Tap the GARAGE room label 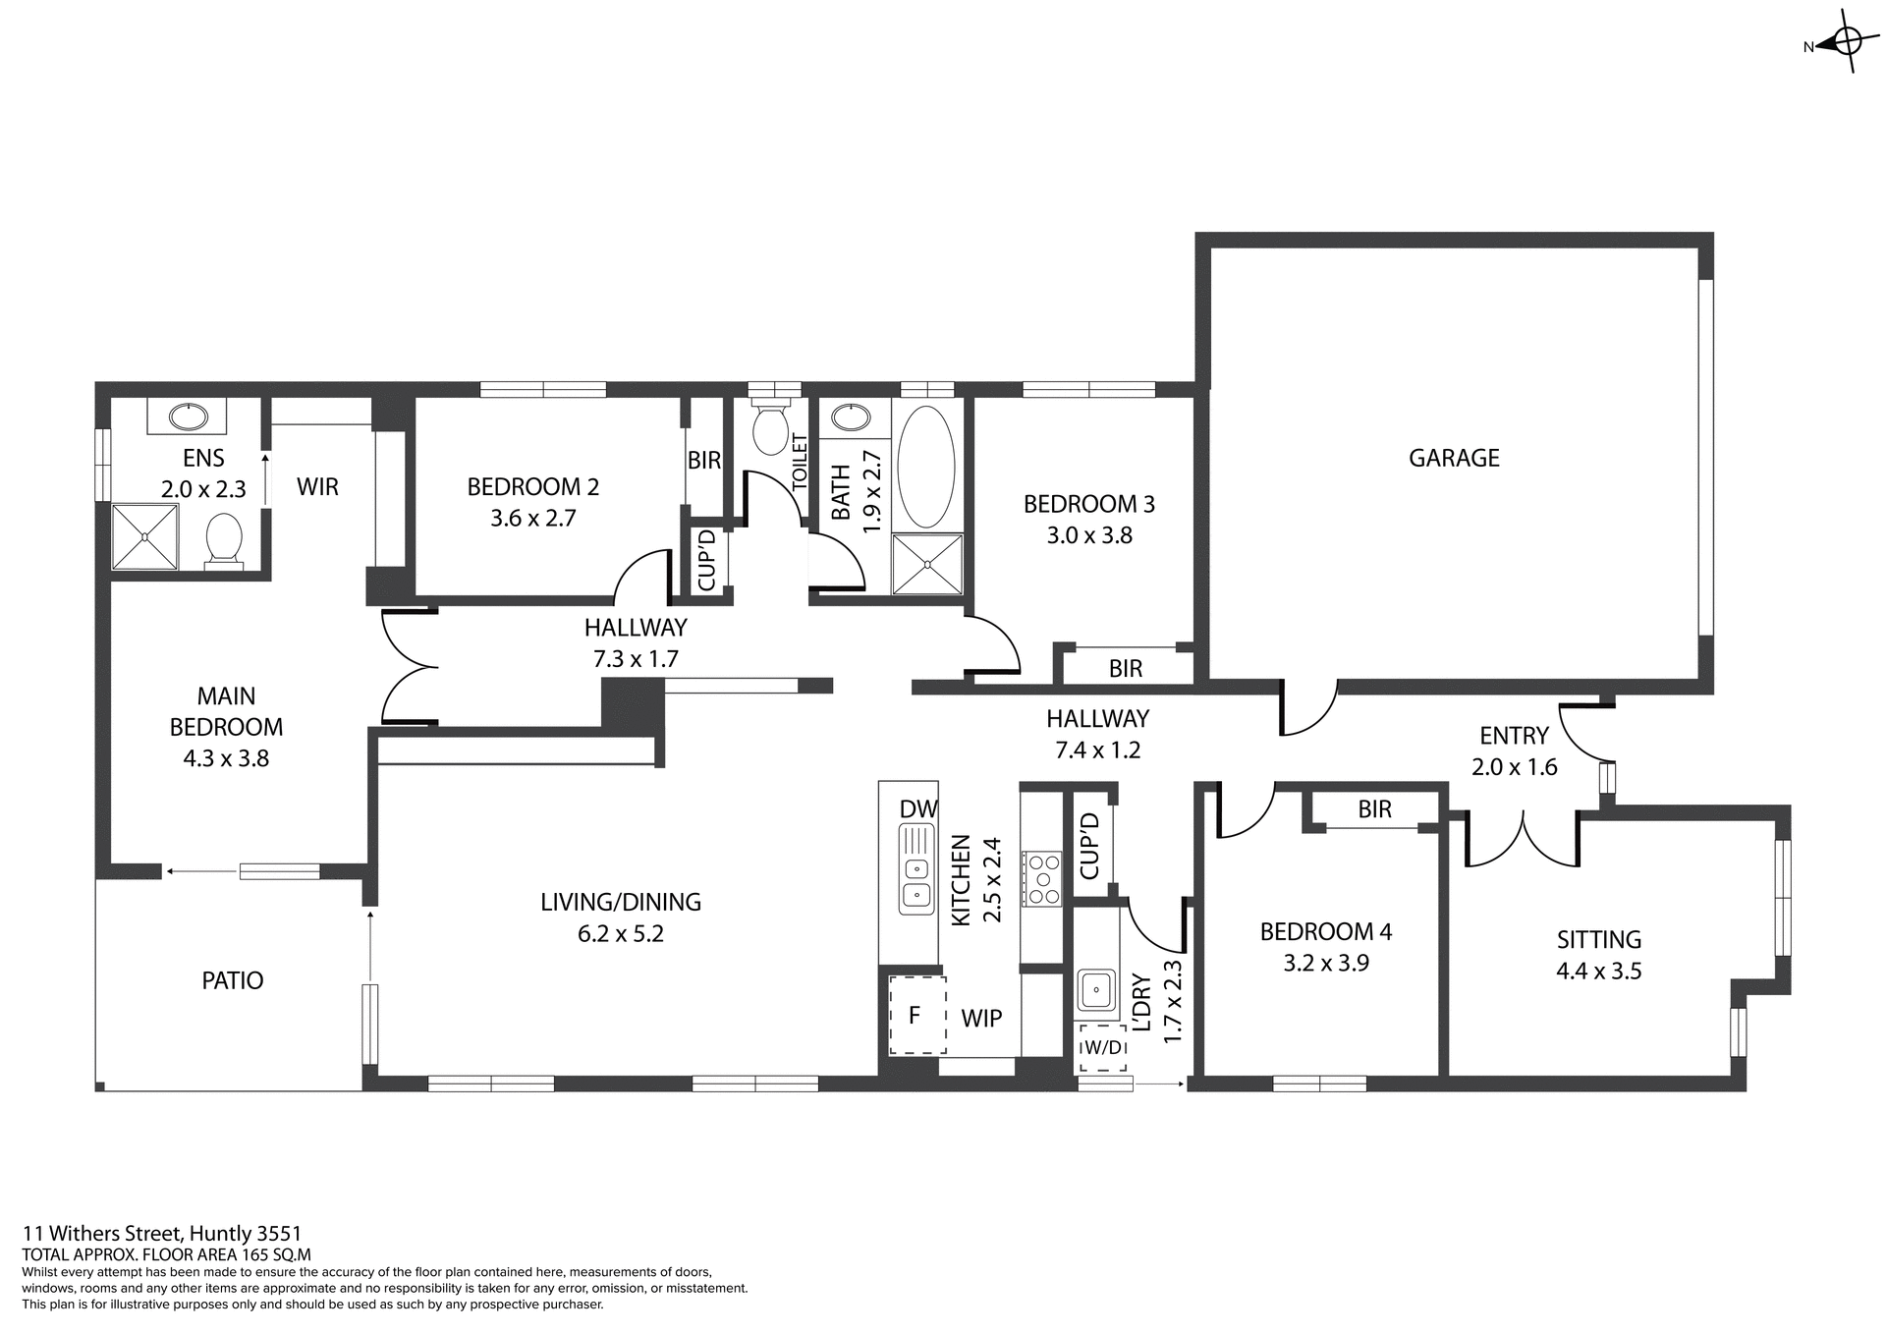coord(1453,458)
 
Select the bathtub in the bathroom coord(925,467)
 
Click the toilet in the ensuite coord(225,539)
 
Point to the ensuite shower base coord(145,536)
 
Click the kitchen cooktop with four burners coord(1041,877)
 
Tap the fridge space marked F coord(916,1015)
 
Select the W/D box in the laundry coord(1102,1048)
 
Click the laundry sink coord(1095,989)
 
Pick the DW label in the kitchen coord(918,808)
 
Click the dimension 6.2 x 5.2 coord(620,933)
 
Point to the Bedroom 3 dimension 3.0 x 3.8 coord(1088,535)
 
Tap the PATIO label coord(232,980)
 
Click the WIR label coord(317,486)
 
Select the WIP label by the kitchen coord(980,1019)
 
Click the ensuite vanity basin coord(186,417)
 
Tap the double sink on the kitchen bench coord(915,868)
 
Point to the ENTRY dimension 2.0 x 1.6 coord(1514,767)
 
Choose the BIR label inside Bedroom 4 coord(1374,809)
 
